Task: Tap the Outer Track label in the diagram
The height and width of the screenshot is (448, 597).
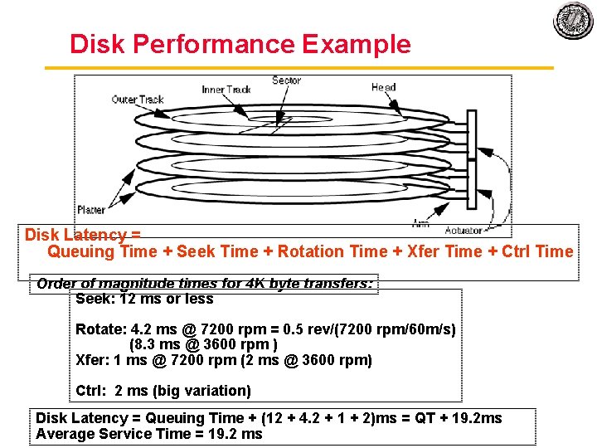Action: [138, 100]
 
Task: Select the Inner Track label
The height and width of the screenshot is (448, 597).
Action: [226, 89]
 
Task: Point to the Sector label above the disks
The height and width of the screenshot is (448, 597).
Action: [286, 80]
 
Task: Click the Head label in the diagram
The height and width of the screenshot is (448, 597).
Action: [383, 87]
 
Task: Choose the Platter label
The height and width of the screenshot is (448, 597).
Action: [91, 210]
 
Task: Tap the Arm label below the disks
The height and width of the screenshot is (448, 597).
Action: [420, 222]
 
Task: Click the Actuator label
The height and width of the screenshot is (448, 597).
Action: [464, 230]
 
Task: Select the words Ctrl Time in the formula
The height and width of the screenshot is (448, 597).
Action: [538, 251]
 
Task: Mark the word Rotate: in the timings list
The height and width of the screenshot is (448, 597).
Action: [99, 329]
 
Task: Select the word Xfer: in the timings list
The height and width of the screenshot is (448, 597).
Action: [92, 360]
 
